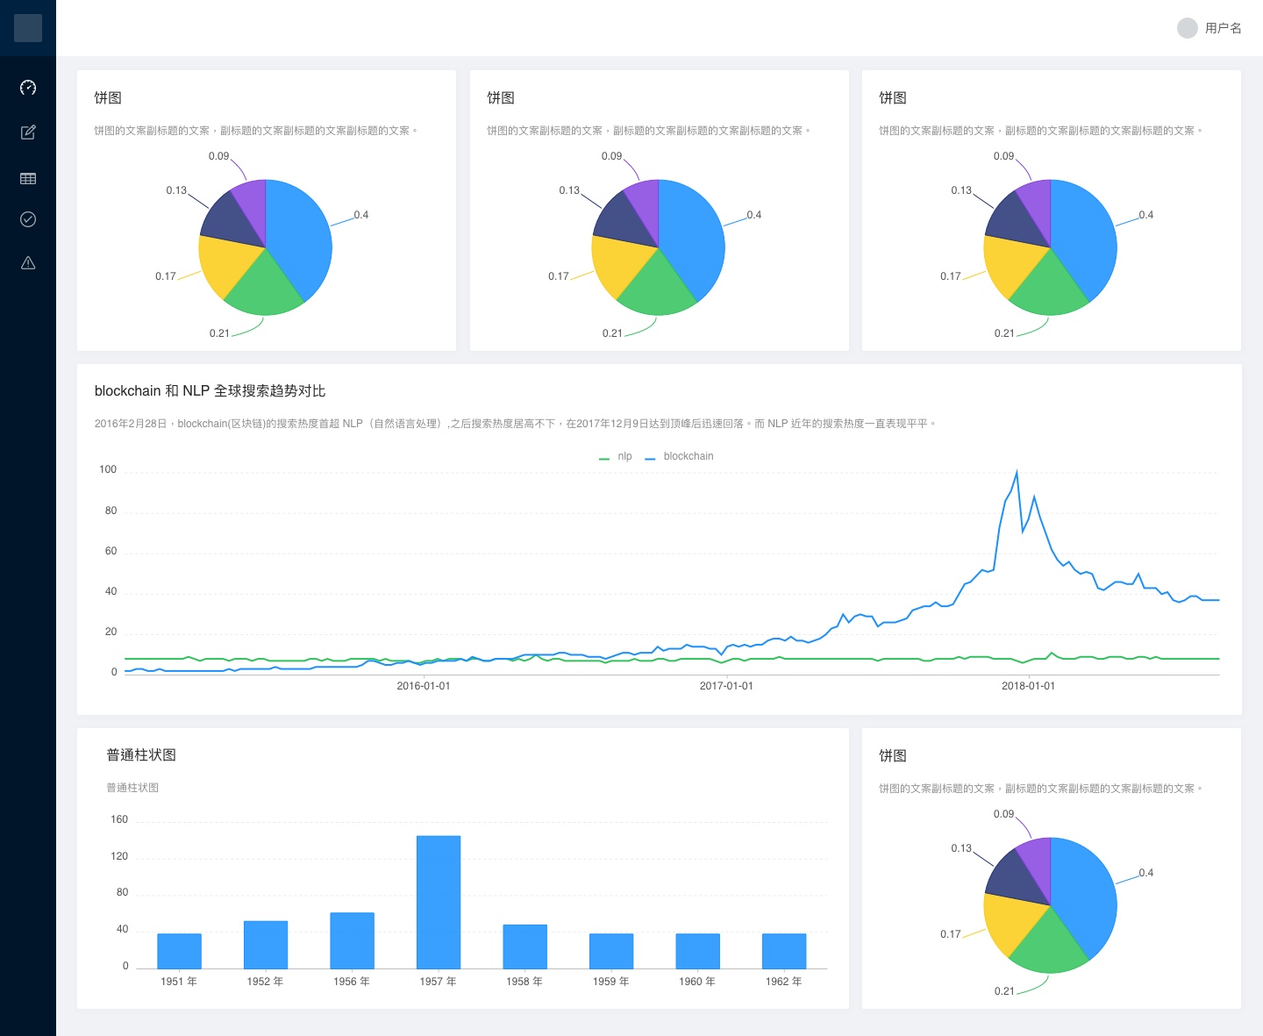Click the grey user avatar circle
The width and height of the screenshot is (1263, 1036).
(x=1187, y=28)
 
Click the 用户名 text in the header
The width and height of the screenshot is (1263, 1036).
(x=1223, y=28)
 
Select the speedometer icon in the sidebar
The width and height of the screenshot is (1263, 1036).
(x=28, y=88)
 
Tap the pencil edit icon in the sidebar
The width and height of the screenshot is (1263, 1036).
(x=28, y=132)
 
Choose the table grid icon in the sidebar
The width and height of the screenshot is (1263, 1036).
(x=28, y=178)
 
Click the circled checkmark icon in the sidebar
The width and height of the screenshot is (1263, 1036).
(x=28, y=219)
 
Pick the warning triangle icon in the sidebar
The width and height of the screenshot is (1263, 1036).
(x=28, y=262)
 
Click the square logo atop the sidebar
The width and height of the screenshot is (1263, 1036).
(x=28, y=28)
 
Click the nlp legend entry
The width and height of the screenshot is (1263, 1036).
(x=617, y=456)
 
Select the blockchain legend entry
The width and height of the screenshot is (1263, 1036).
(x=681, y=456)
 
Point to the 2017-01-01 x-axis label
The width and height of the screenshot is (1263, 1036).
(x=726, y=686)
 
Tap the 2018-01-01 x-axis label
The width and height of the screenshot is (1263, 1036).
(x=1028, y=686)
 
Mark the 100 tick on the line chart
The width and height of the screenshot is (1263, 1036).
(x=108, y=469)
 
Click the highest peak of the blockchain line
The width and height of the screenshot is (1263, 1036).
(x=1017, y=472)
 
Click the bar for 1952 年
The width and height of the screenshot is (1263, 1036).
(x=266, y=945)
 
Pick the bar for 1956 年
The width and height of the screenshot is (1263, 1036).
(x=352, y=940)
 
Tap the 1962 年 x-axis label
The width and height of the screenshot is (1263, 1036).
(x=783, y=982)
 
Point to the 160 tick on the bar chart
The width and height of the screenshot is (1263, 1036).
(x=119, y=819)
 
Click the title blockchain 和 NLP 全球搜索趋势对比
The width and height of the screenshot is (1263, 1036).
(x=210, y=391)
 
